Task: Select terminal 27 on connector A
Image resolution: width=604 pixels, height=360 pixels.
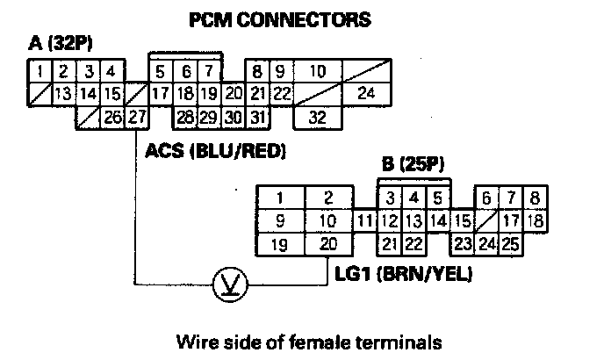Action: pos(135,115)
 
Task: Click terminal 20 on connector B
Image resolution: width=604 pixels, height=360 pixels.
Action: pos(327,243)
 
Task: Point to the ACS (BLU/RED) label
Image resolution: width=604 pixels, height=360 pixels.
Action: pos(217,152)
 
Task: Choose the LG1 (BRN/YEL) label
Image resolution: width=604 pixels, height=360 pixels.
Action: pos(404,275)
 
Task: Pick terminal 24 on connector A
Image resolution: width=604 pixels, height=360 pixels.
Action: pos(366,92)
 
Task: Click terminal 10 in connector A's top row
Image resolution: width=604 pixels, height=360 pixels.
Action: pos(318,70)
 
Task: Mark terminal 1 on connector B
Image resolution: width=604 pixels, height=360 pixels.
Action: pos(279,197)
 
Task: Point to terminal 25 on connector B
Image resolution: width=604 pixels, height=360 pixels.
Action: pos(511,243)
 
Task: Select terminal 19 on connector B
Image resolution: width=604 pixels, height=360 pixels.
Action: pos(279,243)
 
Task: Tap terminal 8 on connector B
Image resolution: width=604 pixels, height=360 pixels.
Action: pos(535,197)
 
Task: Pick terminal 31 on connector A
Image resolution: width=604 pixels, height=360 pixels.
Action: pos(256,115)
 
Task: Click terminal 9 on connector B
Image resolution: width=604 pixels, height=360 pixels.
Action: pos(279,220)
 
